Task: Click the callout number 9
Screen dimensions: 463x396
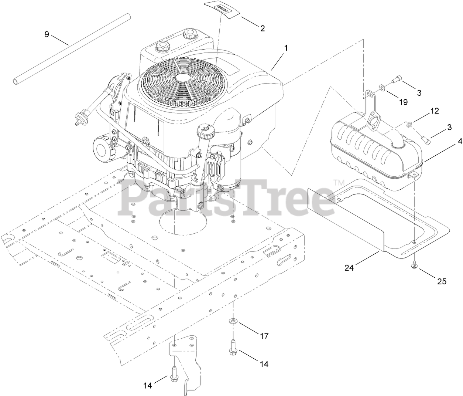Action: click(x=47, y=34)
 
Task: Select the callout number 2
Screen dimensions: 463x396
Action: click(x=262, y=28)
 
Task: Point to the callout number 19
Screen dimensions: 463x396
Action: click(x=404, y=102)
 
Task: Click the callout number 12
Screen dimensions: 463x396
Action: click(x=435, y=111)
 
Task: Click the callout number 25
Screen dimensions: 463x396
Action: click(x=442, y=281)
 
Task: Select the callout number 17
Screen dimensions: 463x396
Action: click(x=264, y=336)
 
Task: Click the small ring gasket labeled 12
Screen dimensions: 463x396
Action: click(x=409, y=125)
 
